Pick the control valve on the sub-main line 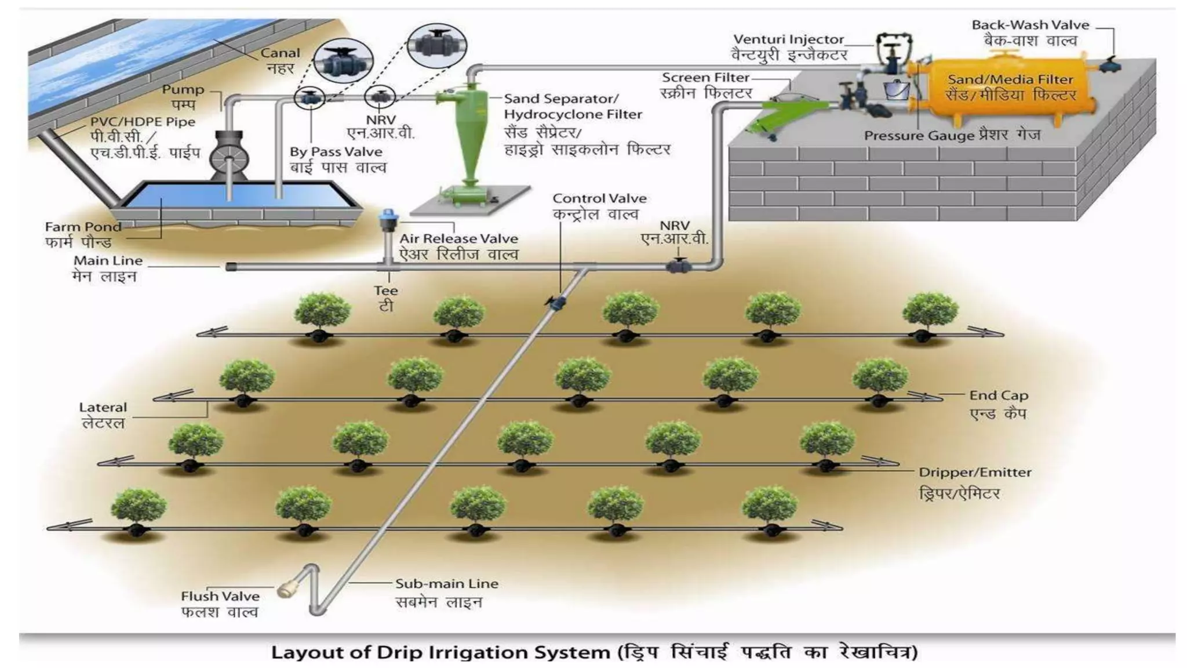[x=555, y=303]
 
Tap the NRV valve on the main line [x=678, y=266]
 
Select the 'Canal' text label [x=280, y=53]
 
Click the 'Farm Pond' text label [x=83, y=227]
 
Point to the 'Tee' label [x=385, y=291]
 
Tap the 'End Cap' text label [x=999, y=395]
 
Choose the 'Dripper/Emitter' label [x=975, y=473]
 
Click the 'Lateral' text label [x=103, y=407]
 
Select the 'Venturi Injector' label [x=788, y=39]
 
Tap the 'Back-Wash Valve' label [x=1031, y=25]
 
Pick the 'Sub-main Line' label [x=447, y=584]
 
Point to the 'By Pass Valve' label [x=336, y=152]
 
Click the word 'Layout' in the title [x=307, y=652]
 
